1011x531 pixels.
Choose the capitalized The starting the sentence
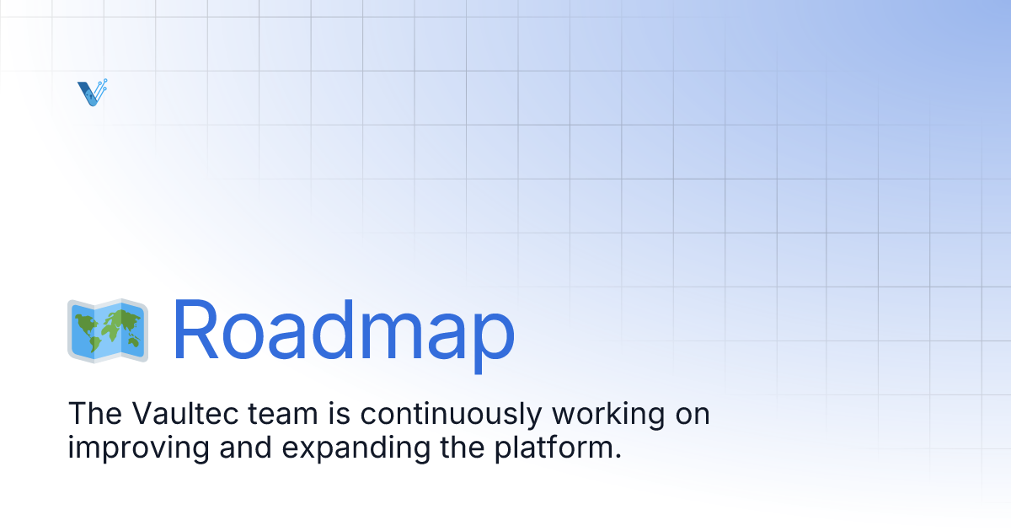pyautogui.click(x=91, y=414)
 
